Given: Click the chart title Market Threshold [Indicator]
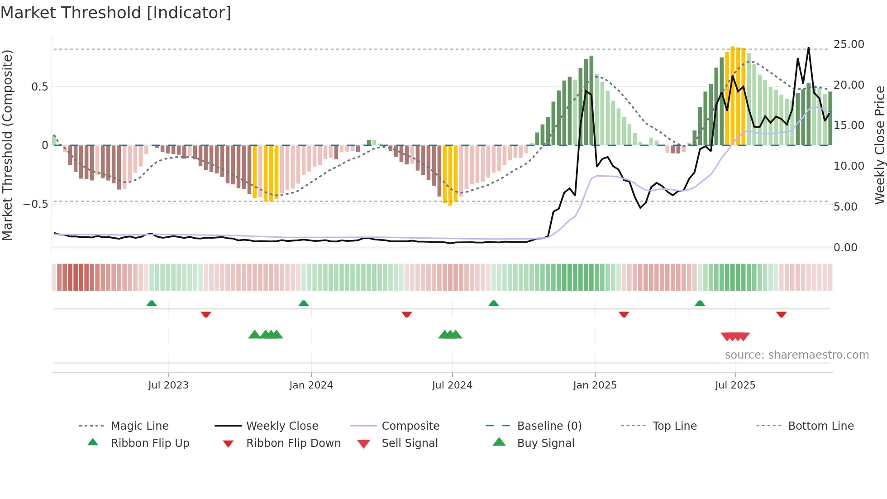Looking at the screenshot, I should tap(116, 13).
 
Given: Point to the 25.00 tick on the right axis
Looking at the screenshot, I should tap(849, 44).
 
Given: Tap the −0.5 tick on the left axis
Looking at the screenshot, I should tap(36, 204).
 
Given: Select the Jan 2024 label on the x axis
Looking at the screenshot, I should tap(311, 385).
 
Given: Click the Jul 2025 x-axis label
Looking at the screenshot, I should tap(735, 385).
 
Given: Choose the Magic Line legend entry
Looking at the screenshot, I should tap(139, 426).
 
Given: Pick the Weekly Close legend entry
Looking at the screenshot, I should tap(282, 426).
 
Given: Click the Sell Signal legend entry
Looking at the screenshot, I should tap(410, 443).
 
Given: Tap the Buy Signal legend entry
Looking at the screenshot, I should tap(545, 443).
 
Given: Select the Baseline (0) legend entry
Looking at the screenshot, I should tap(549, 426).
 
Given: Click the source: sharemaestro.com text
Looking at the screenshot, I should tap(796, 355).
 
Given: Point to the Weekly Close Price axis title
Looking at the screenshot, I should tap(879, 145).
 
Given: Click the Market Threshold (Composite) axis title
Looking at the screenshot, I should tap(7, 145).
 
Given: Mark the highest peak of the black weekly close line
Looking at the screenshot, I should tap(808, 48).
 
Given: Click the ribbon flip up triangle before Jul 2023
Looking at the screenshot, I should tap(152, 303).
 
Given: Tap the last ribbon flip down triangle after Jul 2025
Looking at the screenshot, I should tap(781, 314).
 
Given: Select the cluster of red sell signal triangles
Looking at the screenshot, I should tap(735, 337).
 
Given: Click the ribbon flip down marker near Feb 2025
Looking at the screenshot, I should tap(624, 314).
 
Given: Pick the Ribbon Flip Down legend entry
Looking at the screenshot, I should tap(293, 443).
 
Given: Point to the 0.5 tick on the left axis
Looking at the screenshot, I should tap(39, 87).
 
